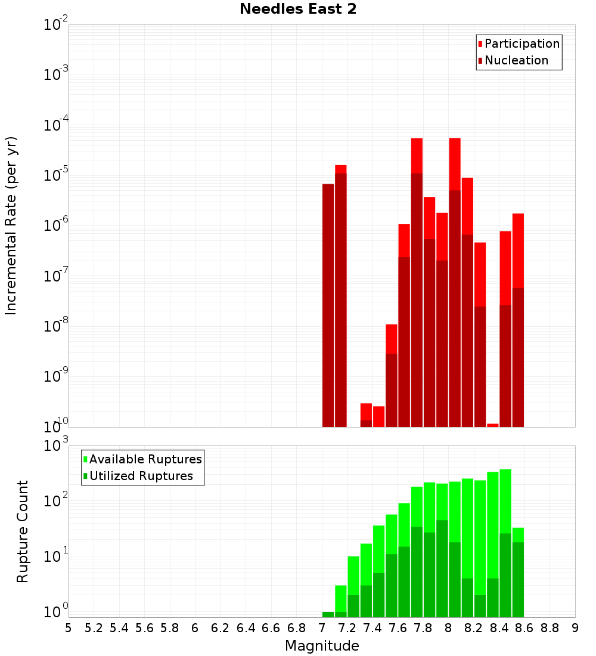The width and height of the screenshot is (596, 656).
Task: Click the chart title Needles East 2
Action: pyautogui.click(x=298, y=10)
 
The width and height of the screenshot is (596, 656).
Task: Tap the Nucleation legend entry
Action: pyautogui.click(x=516, y=60)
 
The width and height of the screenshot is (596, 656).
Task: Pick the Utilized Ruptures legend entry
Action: pyautogui.click(x=141, y=476)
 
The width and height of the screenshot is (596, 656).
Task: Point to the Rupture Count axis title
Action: pyautogui.click(x=23, y=531)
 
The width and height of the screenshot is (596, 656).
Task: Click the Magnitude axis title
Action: pyautogui.click(x=322, y=646)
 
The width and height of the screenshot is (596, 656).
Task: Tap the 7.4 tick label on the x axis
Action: pyautogui.click(x=372, y=628)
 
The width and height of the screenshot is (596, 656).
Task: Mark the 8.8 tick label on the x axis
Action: pyautogui.click(x=550, y=628)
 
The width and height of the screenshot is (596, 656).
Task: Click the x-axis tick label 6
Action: pyautogui.click(x=195, y=628)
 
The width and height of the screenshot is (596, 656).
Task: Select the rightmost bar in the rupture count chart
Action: pyautogui.click(x=518, y=573)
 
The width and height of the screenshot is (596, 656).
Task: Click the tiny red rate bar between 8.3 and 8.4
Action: pyautogui.click(x=493, y=425)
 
